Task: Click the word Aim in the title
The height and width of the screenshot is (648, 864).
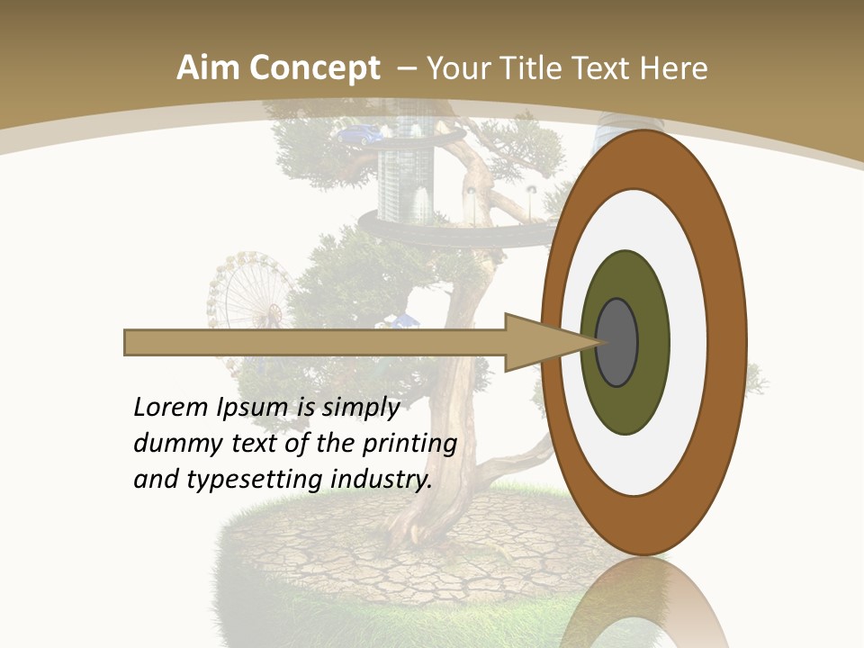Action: [209, 68]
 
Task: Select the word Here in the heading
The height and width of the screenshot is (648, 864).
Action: [674, 68]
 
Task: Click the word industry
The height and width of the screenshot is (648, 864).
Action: [382, 479]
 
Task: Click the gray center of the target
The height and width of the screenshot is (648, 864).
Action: [617, 342]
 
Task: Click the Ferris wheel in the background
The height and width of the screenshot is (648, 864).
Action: [249, 292]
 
